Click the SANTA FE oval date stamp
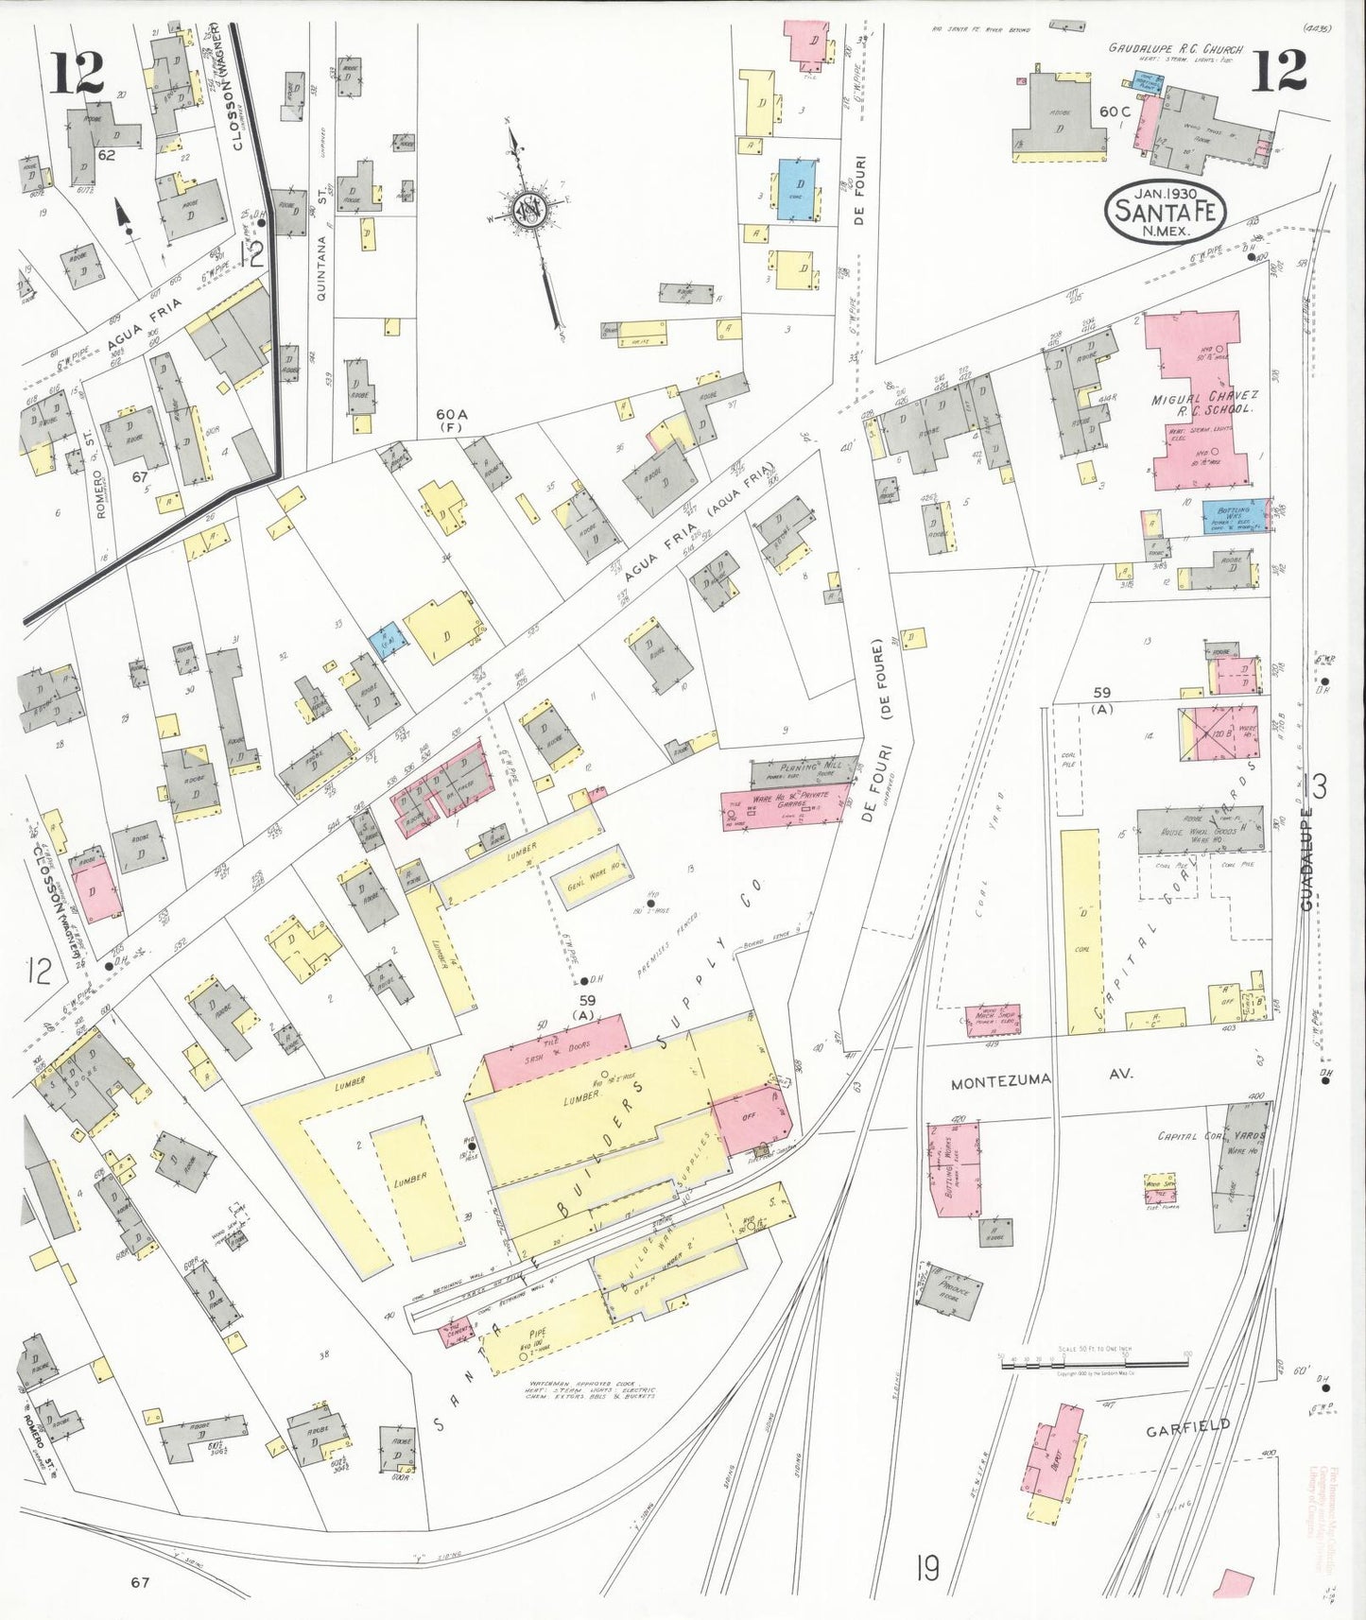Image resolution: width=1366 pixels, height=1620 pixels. tap(1164, 211)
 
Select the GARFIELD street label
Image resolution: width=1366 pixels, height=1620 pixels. tap(1188, 1426)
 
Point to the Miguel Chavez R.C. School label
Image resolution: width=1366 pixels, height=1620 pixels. tap(1202, 404)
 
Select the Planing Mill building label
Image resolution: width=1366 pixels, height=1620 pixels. tap(805, 768)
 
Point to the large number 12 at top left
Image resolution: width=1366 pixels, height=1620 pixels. tap(78, 73)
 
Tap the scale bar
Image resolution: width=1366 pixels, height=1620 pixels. tap(1094, 1362)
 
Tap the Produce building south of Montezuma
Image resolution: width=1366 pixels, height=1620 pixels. tap(950, 1287)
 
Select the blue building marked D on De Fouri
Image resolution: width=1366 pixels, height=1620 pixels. tap(799, 189)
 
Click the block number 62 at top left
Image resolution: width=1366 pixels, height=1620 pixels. tap(105, 154)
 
